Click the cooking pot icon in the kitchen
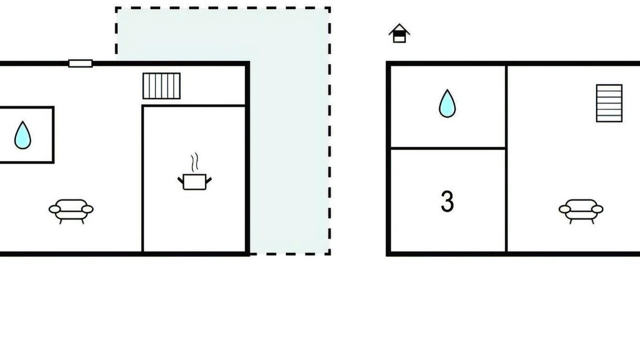point(194,181)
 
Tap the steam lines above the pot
point(194,162)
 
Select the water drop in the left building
point(22,135)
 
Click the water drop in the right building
point(447,103)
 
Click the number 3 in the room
point(447,201)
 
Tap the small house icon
point(399,33)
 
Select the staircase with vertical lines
point(161,86)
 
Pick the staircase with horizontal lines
point(609,103)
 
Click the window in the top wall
point(80,63)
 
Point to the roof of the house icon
point(399,28)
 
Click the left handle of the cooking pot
point(180,180)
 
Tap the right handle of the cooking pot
point(208,180)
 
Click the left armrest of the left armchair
point(54,209)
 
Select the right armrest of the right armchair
point(597,209)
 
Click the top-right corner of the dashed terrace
point(329,8)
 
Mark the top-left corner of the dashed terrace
point(116,8)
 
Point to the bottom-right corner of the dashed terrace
point(329,253)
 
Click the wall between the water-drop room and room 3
point(448,148)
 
